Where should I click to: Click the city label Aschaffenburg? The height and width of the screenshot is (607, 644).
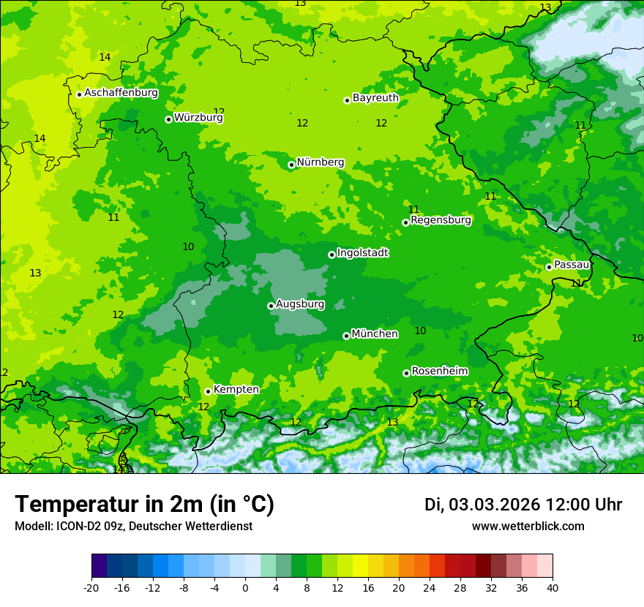point(121,93)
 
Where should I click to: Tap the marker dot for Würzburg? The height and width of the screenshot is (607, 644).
point(168,119)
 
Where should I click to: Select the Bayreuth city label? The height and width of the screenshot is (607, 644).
point(375,97)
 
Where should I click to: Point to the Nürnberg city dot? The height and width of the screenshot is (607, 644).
point(291,165)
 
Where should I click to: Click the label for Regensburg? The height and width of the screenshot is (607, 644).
point(441,219)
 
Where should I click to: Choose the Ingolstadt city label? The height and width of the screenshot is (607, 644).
point(362,252)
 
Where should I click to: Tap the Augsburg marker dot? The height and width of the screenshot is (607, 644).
point(271,306)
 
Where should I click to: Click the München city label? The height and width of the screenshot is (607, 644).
point(375,333)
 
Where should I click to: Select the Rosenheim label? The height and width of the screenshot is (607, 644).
point(439,371)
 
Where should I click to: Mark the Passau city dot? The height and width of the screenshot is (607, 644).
point(549,267)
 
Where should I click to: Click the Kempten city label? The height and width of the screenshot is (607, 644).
point(236,389)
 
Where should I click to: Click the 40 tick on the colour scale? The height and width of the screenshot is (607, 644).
point(552,587)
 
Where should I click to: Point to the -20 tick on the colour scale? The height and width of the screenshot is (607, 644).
point(91,587)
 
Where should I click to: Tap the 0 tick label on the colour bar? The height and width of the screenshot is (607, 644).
point(245,587)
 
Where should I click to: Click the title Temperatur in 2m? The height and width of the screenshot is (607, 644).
point(144,504)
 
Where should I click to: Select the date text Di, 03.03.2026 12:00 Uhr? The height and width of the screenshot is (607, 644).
point(523,505)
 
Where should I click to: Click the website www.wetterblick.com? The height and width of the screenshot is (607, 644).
point(528,526)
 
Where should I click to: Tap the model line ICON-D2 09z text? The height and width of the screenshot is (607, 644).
point(133,526)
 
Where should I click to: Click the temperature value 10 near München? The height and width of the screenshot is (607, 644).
point(420,331)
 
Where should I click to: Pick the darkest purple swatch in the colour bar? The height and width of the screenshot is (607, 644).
point(99,566)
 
